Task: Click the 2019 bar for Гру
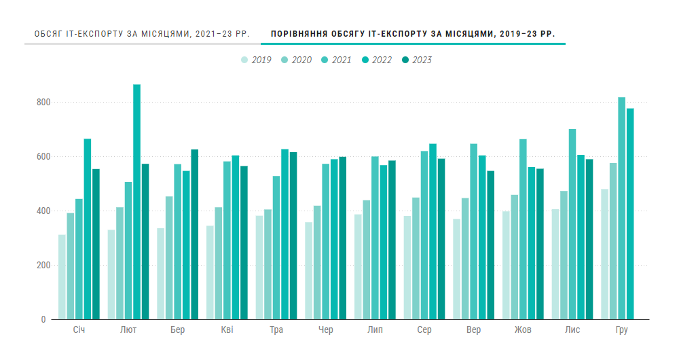pyautogui.click(x=604, y=254)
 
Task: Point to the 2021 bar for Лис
pyautogui.click(x=572, y=224)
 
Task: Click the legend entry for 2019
pyautogui.click(x=256, y=60)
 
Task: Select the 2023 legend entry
pyautogui.click(x=416, y=60)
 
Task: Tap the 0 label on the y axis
pyautogui.click(x=43, y=319)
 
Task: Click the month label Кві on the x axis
pyautogui.click(x=227, y=330)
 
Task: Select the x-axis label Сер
pyautogui.click(x=424, y=330)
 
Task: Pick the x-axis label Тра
pyautogui.click(x=276, y=330)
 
